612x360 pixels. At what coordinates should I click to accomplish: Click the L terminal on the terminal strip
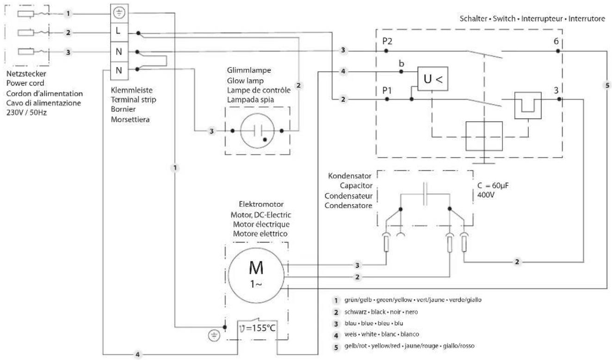(x=119, y=34)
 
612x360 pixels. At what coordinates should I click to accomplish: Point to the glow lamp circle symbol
(x=257, y=131)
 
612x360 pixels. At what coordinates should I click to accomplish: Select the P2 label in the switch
(x=388, y=40)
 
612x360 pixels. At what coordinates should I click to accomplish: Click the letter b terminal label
(x=401, y=62)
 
